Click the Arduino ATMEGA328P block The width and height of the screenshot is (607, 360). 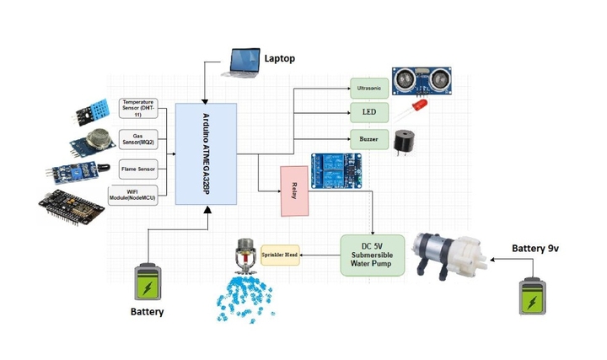(206, 153)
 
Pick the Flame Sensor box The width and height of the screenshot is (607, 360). (140, 167)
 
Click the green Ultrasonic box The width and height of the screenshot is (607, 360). (369, 87)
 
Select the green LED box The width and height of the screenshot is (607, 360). (369, 112)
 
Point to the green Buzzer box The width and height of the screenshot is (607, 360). (369, 138)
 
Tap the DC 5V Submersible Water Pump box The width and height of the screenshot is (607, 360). (372, 255)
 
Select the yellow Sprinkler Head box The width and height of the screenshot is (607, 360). (280, 254)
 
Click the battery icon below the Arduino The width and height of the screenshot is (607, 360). (147, 283)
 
